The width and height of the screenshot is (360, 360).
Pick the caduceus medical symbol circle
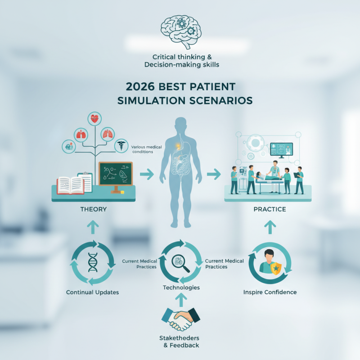click(x=121, y=146)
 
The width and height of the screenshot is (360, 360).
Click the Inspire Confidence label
click(x=270, y=292)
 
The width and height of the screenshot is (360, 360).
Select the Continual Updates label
click(x=92, y=292)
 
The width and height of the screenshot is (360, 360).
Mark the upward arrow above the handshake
click(x=180, y=298)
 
